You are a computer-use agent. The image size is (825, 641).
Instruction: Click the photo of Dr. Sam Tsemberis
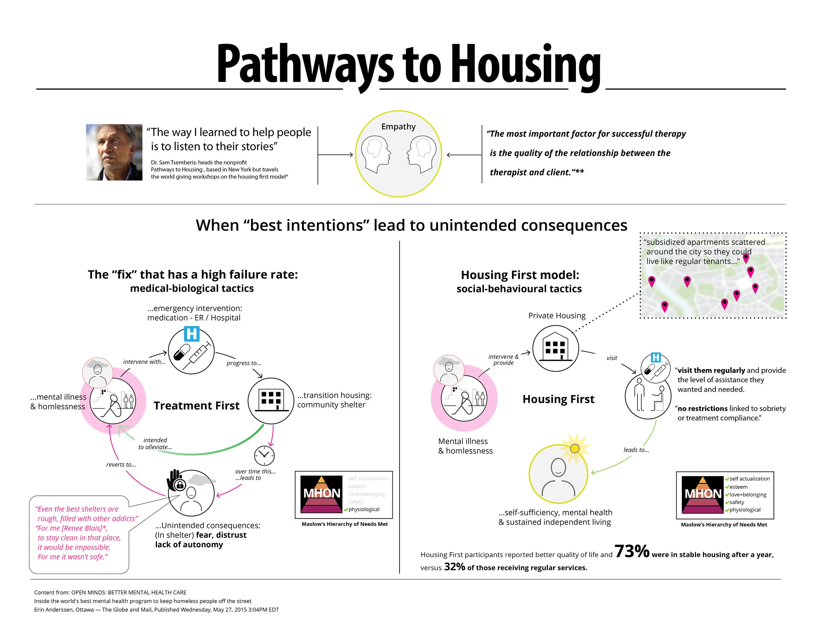(x=114, y=152)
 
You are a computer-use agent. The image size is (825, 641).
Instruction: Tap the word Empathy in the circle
(x=398, y=126)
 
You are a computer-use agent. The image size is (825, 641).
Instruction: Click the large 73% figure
(x=632, y=552)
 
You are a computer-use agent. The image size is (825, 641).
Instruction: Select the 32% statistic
(x=454, y=567)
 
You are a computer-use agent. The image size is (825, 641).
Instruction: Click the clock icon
(x=264, y=455)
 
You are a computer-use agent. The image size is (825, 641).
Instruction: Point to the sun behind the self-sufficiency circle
(x=575, y=448)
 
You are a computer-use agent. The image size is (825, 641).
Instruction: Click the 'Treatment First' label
(x=196, y=406)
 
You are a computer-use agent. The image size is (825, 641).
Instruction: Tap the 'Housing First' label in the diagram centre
(x=558, y=399)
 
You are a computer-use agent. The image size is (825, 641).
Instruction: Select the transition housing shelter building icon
(x=271, y=400)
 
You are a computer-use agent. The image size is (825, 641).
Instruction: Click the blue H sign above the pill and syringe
(x=191, y=334)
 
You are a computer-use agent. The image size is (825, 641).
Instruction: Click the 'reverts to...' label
(x=121, y=465)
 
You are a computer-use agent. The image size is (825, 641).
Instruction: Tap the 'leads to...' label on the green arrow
(x=636, y=450)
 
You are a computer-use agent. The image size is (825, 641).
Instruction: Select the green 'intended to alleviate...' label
(x=155, y=443)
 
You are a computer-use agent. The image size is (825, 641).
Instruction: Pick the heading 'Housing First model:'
(x=520, y=275)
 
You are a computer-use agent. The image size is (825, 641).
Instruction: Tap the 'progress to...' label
(x=244, y=363)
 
